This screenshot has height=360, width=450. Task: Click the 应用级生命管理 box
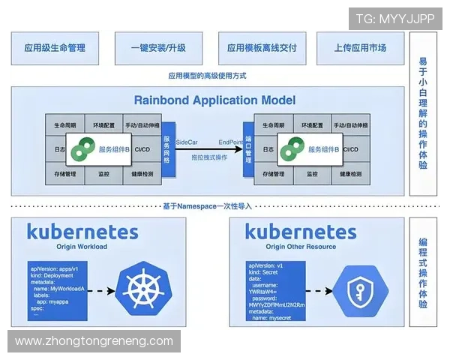55,48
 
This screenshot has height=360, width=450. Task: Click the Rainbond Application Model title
214,100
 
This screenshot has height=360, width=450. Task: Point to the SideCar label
187,140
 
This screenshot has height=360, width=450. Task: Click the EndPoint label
231,140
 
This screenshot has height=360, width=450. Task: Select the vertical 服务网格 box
166,148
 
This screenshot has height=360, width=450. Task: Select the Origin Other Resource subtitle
301,246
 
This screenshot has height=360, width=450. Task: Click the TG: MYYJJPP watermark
394,19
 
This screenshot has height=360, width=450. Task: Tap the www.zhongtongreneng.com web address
94,341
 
